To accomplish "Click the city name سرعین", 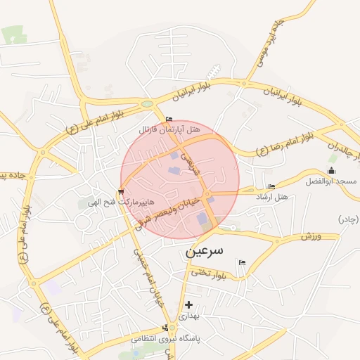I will click(x=204, y=250).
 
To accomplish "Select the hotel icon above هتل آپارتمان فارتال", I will click(x=169, y=119).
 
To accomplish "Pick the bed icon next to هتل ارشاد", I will click(x=271, y=186).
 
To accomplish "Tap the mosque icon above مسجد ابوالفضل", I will click(x=332, y=171).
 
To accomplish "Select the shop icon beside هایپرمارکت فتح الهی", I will click(x=122, y=191).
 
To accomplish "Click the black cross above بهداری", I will click(x=188, y=304).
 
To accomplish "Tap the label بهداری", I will click(x=188, y=316).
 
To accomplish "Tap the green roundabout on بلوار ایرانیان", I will click(x=147, y=104).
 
